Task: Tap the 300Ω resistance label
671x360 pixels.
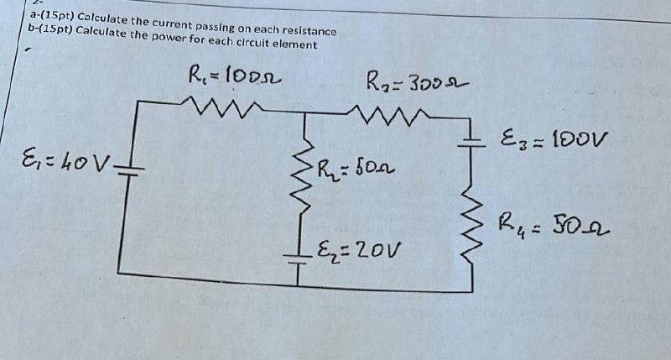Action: point(416,83)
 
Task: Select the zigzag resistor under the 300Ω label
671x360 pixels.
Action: point(387,112)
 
